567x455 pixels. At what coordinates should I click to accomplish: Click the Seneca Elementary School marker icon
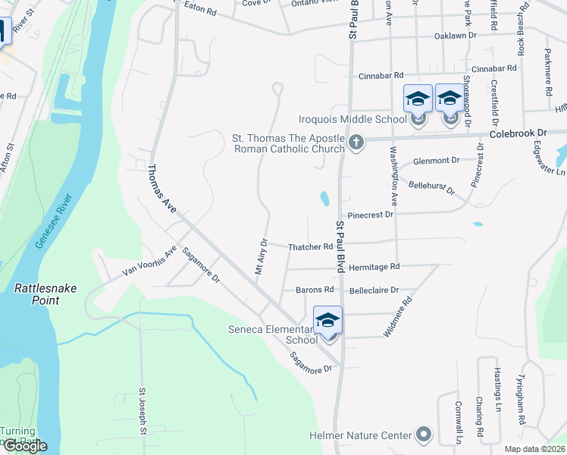coord(328,320)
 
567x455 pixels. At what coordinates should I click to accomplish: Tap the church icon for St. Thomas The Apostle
coord(356,141)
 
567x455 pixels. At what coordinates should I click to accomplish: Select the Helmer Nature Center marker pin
coord(424,435)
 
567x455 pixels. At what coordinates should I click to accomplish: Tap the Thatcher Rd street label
coord(311,246)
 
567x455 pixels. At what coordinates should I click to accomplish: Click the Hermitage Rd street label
coord(374,267)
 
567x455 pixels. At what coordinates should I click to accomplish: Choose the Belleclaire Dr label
coord(374,290)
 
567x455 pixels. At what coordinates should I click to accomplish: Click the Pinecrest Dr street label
coord(371,215)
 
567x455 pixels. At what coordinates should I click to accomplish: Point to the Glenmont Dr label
coord(437,161)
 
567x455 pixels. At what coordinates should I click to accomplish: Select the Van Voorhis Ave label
coord(150,261)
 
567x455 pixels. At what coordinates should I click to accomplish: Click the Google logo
coord(25,446)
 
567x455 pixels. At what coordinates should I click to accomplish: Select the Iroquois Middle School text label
coord(352,119)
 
